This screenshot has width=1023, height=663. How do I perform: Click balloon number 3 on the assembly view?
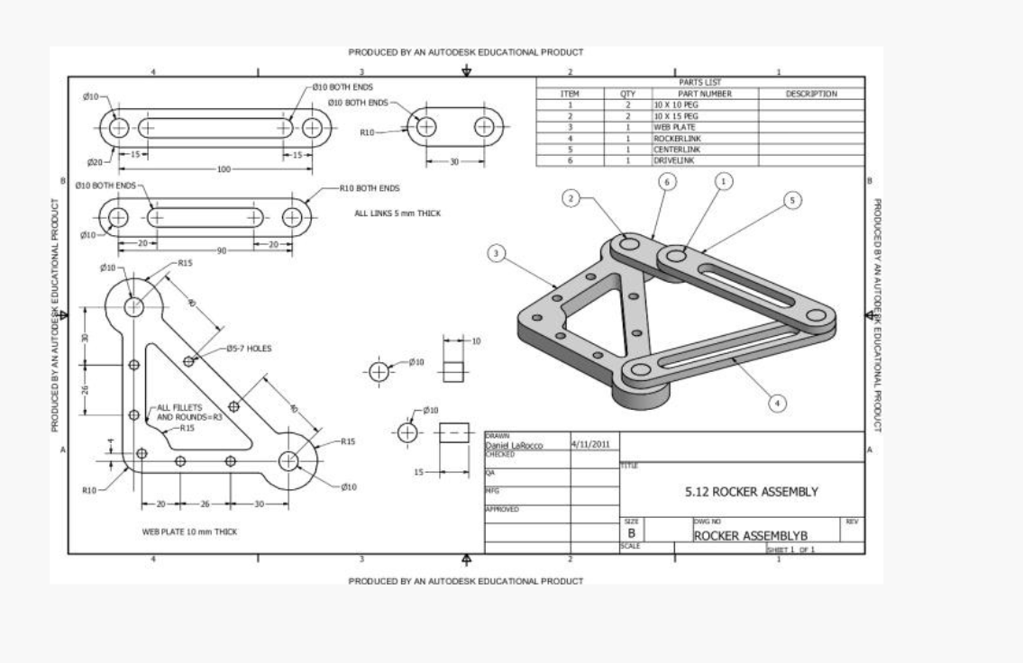pos(496,253)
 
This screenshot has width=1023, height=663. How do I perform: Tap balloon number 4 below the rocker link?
pos(778,403)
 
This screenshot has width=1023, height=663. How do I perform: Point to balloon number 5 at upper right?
pos(792,200)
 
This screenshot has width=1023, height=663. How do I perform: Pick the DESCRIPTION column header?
pos(811,94)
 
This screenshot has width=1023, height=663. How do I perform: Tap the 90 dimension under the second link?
pos(222,250)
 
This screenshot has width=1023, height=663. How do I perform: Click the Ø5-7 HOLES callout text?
pos(249,348)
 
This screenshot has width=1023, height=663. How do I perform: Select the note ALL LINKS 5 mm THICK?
pos(397,213)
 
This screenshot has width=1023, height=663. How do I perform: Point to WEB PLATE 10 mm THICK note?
pos(189,532)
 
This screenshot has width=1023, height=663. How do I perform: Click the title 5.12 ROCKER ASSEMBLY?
pos(752,492)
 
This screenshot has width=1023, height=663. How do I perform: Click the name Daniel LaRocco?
pos(514,445)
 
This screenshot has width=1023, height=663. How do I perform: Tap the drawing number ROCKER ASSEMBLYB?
pos(743,535)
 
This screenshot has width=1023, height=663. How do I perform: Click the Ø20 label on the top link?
pos(95,163)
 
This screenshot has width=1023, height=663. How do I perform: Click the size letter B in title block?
pos(632,534)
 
